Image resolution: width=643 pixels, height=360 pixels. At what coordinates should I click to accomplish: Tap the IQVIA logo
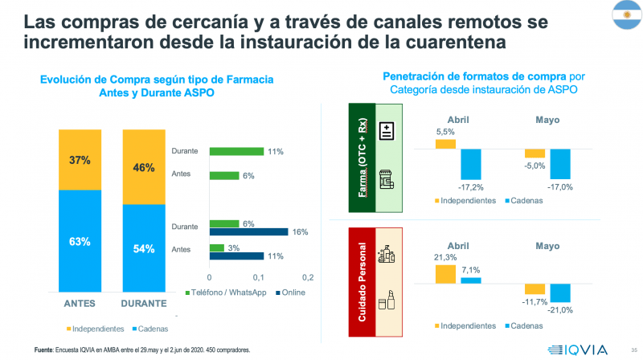[574, 348]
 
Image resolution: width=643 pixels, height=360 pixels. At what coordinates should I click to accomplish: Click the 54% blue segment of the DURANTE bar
[145, 247]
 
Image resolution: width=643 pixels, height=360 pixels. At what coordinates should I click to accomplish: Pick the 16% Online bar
[248, 232]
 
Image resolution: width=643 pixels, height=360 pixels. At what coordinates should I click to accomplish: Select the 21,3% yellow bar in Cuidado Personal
[446, 273]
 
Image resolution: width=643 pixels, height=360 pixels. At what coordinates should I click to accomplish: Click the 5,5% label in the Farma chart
[445, 132]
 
